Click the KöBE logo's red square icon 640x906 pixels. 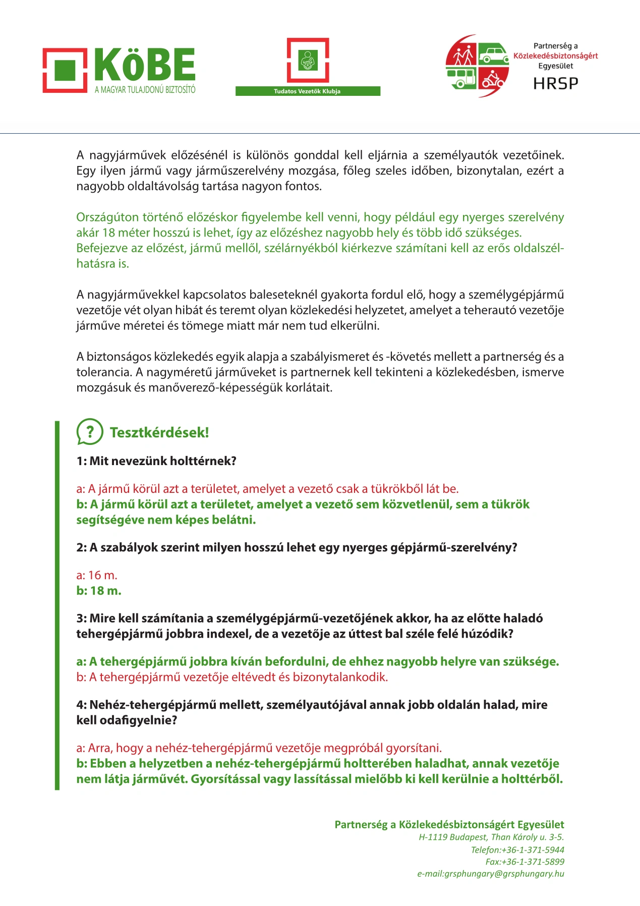(65, 70)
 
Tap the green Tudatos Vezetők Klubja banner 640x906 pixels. (308, 91)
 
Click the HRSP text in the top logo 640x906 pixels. (556, 83)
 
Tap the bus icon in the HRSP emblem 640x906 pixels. (462, 79)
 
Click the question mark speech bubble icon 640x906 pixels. (90, 432)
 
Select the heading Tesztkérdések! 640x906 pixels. (159, 432)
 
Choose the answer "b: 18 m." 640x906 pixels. (99, 591)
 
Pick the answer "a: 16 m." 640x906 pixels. (97, 575)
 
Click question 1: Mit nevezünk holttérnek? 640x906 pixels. (156, 461)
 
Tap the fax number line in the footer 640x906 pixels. (525, 862)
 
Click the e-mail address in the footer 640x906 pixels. (490, 874)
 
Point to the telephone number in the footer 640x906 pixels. (517, 850)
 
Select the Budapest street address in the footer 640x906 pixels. (491, 837)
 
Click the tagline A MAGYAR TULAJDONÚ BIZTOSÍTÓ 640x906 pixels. (145, 90)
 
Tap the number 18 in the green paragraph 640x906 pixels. (108, 233)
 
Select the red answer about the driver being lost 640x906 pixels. (232, 677)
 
